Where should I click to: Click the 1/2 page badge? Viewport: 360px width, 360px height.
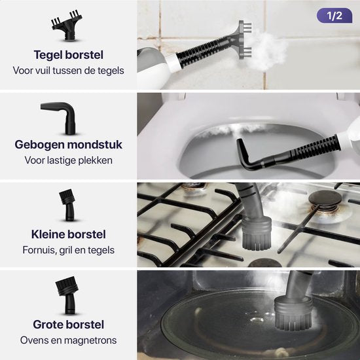pos(334,16)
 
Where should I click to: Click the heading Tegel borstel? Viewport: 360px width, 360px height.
pos(69,55)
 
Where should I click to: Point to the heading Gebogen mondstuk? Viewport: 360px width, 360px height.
pos(69,145)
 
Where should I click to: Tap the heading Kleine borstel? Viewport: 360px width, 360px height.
pos(69,234)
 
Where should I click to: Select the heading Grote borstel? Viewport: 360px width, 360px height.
pos(69,324)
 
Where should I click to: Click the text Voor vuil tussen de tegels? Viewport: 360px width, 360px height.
pos(69,70)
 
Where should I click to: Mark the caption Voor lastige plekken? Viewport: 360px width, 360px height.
pos(69,160)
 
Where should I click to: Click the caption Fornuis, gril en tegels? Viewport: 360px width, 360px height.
pos(69,249)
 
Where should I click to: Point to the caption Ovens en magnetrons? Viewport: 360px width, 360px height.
pos(69,340)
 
